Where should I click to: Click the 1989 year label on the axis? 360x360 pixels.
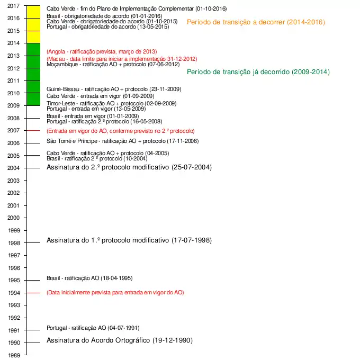tap(14, 355)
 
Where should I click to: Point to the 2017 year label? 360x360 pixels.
tap(14, 6)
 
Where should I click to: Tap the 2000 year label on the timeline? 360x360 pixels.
tap(14, 218)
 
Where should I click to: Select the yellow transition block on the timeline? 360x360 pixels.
tap(33, 24)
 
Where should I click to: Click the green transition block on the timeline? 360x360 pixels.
tap(33, 74)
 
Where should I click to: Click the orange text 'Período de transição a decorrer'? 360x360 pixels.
tap(256, 22)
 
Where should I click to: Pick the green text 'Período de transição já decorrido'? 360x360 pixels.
tap(258, 72)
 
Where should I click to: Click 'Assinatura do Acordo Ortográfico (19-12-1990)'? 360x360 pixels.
tap(119, 340)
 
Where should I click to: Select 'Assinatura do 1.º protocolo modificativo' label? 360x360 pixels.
tap(129, 240)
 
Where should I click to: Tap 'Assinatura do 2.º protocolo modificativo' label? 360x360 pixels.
tap(129, 167)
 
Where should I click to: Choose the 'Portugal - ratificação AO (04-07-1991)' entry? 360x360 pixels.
tap(93, 328)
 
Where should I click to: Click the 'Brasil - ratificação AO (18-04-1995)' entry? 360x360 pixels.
tap(89, 278)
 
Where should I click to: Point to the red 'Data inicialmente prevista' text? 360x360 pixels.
tap(115, 292)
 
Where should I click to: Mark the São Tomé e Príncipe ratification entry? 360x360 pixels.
tap(123, 141)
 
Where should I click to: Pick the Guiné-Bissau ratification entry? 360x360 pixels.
tap(114, 89)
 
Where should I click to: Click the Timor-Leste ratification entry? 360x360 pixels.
tap(111, 103)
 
